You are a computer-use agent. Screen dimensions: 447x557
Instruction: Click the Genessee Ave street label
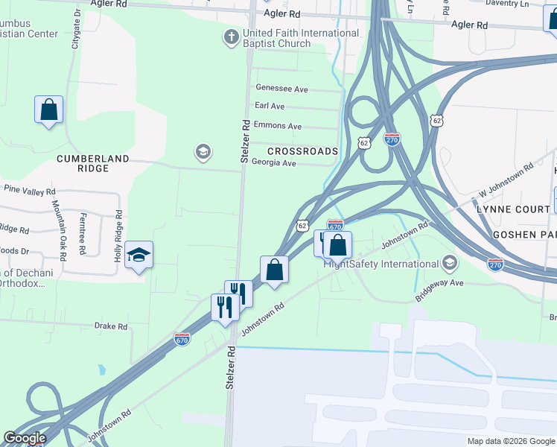pos(281,89)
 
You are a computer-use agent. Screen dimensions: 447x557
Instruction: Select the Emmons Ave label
pos(278,127)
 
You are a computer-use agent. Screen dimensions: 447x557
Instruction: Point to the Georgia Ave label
pos(274,163)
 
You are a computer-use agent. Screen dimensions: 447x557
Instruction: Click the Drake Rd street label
pos(111,326)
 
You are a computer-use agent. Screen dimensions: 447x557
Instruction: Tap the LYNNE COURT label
pos(513,209)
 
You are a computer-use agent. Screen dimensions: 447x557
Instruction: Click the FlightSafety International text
pos(381,264)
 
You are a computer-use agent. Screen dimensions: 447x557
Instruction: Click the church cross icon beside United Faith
pos(231,36)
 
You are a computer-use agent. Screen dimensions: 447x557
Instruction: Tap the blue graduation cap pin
pos(139,256)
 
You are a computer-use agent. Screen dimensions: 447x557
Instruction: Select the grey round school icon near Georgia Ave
pos(202,153)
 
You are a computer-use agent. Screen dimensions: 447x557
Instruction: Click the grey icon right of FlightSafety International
pos(450,263)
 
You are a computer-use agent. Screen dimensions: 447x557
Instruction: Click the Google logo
pos(25,438)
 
